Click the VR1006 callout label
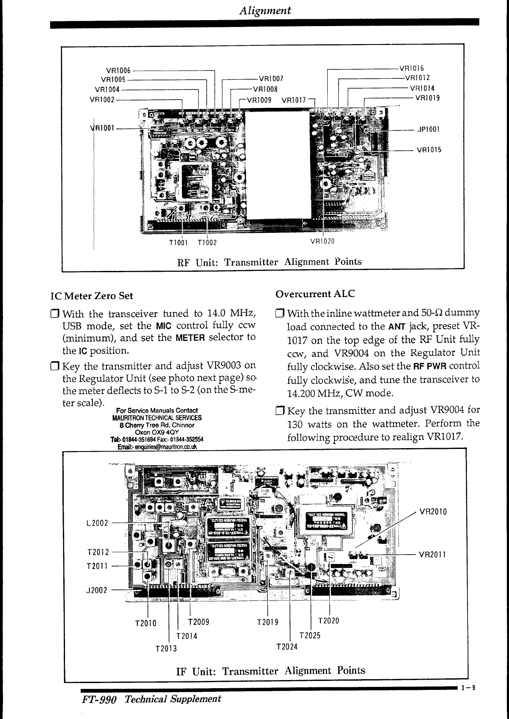click(x=118, y=71)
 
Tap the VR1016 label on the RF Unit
click(x=411, y=68)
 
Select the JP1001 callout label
click(x=428, y=129)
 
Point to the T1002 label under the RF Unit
click(x=207, y=243)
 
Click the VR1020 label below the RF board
click(x=322, y=241)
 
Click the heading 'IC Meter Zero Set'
click(x=92, y=296)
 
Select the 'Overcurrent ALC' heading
click(x=315, y=294)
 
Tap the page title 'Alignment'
click(x=265, y=10)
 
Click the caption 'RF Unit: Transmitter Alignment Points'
click(x=269, y=262)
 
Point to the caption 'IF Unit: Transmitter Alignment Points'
click(x=271, y=671)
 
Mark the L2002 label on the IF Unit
click(x=97, y=523)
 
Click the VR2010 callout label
click(x=433, y=511)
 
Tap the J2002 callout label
click(x=97, y=591)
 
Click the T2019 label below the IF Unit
click(x=267, y=622)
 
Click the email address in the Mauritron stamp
click(x=157, y=447)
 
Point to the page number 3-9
click(x=469, y=689)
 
